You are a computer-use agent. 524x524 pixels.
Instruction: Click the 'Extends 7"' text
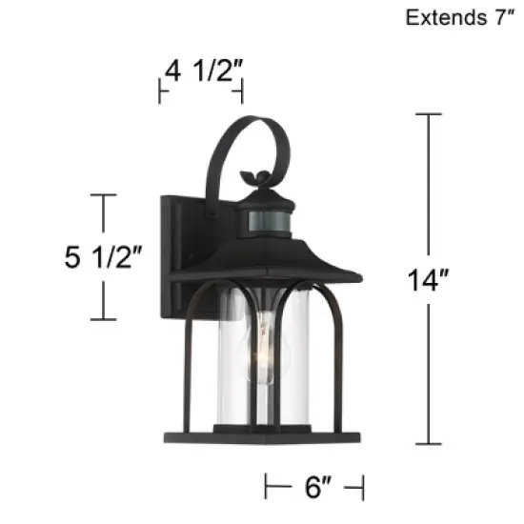453,17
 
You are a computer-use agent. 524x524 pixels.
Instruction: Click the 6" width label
313,489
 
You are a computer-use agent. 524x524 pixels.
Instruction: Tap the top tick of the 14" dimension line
428,114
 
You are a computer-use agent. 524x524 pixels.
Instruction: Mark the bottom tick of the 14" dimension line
428,444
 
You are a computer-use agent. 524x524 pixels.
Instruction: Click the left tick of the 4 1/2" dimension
160,92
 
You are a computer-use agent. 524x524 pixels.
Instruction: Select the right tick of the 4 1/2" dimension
242,92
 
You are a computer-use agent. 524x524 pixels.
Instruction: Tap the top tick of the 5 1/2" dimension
103,194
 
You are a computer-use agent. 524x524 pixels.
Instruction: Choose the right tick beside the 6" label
361,489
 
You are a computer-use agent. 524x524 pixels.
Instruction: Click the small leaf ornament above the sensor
255,177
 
